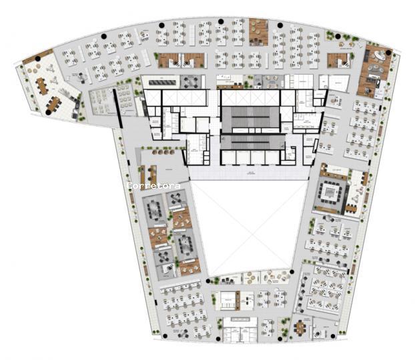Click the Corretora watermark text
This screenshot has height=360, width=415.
tap(153, 186)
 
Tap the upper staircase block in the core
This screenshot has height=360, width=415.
tap(250, 118)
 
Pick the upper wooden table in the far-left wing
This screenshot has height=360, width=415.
tap(42, 84)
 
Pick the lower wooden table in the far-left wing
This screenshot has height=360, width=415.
tap(53, 103)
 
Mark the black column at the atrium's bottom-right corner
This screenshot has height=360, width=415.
tap(292, 273)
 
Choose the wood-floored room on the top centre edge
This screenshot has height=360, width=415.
tap(258, 32)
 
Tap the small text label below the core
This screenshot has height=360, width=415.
tap(250, 173)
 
